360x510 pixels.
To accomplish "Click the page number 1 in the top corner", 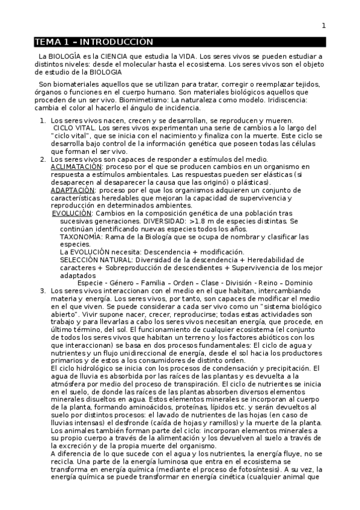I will (x=323, y=25).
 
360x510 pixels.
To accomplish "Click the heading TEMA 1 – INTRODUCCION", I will (x=94, y=42).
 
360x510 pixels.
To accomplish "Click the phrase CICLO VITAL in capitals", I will (x=74, y=128).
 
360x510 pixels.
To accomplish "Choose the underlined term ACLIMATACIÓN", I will (x=76, y=166).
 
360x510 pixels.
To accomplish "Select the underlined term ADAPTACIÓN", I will (x=73, y=190).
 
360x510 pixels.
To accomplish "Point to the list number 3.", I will (x=43, y=291).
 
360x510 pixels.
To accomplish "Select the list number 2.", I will (x=43, y=159).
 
